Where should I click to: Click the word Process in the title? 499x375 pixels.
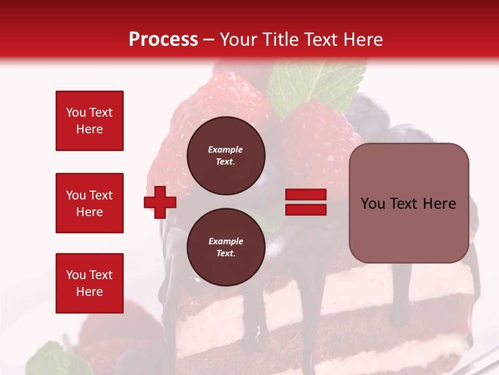click(163, 39)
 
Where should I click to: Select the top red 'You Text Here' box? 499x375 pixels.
click(89, 121)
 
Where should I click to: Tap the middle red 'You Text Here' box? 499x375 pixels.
click(89, 203)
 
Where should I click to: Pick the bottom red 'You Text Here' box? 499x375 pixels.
click(89, 283)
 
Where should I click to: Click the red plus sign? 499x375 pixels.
click(160, 202)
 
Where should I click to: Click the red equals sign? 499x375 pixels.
click(306, 202)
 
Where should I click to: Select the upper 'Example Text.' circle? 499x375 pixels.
click(226, 155)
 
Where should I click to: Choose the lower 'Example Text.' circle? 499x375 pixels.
click(226, 247)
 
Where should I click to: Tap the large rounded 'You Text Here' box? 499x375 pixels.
click(409, 203)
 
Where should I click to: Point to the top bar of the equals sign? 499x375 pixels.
click(306, 194)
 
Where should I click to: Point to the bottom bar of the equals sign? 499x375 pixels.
click(306, 210)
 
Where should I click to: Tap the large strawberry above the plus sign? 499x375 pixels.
click(208, 104)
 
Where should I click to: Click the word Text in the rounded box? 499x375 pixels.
click(409, 203)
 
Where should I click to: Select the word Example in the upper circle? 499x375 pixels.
click(226, 149)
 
